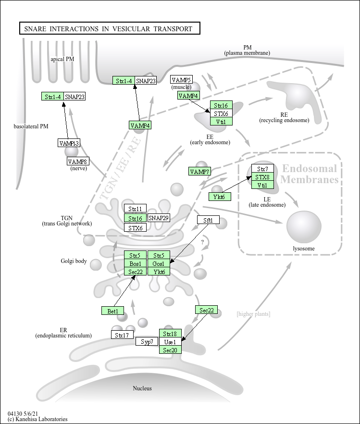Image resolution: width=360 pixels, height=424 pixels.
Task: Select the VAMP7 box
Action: [199, 172]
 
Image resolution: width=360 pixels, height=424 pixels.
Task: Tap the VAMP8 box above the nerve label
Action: [77, 162]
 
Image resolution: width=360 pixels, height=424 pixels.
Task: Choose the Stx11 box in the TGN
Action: [135, 209]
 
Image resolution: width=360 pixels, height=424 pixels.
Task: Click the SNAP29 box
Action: [159, 218]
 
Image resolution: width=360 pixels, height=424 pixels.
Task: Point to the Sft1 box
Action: [208, 220]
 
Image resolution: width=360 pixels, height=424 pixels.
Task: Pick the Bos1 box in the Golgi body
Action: [135, 264]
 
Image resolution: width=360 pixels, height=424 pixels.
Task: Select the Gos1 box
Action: [159, 264]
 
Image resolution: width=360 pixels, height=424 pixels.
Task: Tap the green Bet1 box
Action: [113, 311]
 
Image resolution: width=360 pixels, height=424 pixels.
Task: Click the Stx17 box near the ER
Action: [123, 335]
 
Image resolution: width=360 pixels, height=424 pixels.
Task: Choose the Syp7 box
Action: [147, 342]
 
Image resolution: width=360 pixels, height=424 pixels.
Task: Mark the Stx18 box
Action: [171, 334]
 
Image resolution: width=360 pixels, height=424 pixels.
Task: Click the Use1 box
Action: [171, 342]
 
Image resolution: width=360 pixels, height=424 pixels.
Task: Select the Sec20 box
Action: [171, 350]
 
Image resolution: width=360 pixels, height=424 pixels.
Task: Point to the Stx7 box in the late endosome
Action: [262, 169]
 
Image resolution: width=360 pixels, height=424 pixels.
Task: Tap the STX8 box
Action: [262, 177]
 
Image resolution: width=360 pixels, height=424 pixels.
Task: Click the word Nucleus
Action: [142, 388]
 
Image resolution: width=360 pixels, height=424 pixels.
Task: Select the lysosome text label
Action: [304, 249]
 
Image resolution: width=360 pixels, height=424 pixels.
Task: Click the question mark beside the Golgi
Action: [202, 242]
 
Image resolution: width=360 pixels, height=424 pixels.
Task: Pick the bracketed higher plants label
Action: [253, 314]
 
